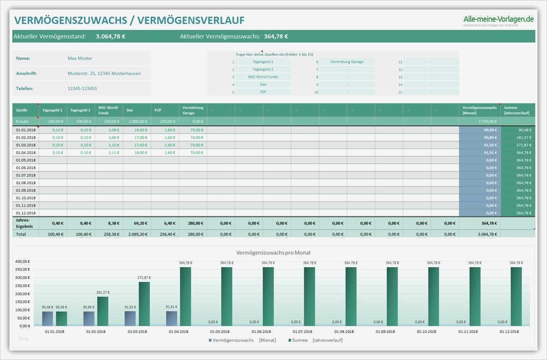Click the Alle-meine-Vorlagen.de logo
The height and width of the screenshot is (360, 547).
[499, 19]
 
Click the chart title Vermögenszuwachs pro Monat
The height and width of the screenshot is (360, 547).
[273, 252]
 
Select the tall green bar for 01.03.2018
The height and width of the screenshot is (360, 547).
[144, 304]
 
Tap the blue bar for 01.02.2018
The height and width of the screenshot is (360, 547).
[89, 318]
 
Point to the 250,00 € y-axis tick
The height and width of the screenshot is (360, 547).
[23, 286]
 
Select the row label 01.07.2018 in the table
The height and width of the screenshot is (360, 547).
[26, 175]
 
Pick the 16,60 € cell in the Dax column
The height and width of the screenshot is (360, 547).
[140, 130]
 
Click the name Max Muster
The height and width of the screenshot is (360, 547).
[80, 58]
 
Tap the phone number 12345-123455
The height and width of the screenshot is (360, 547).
[82, 89]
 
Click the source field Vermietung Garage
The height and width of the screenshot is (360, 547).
[347, 62]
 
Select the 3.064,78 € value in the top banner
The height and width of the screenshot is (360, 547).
[110, 36]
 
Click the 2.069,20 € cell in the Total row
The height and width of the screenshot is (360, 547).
[138, 234]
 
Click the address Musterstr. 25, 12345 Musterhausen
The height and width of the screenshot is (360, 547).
[104, 73]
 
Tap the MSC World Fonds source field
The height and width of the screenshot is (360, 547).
[263, 77]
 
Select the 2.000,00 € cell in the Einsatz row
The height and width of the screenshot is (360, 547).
[138, 122]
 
